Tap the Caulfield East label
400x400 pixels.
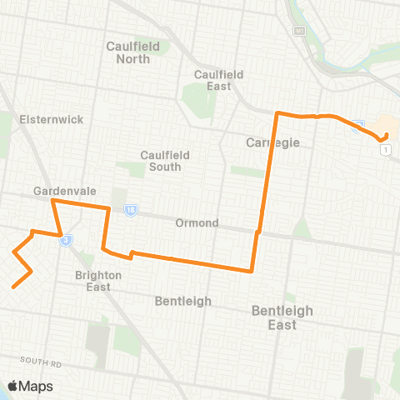(218, 80)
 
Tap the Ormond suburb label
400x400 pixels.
(197, 223)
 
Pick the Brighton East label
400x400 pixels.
(98, 281)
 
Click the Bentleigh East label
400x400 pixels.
(282, 317)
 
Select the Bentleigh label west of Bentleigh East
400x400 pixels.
(183, 301)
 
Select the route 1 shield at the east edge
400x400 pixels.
(385, 149)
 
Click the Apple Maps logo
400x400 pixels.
(30, 386)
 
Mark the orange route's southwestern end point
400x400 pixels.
(13, 287)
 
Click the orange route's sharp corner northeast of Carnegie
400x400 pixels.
(278, 112)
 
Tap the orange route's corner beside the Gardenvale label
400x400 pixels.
(53, 201)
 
